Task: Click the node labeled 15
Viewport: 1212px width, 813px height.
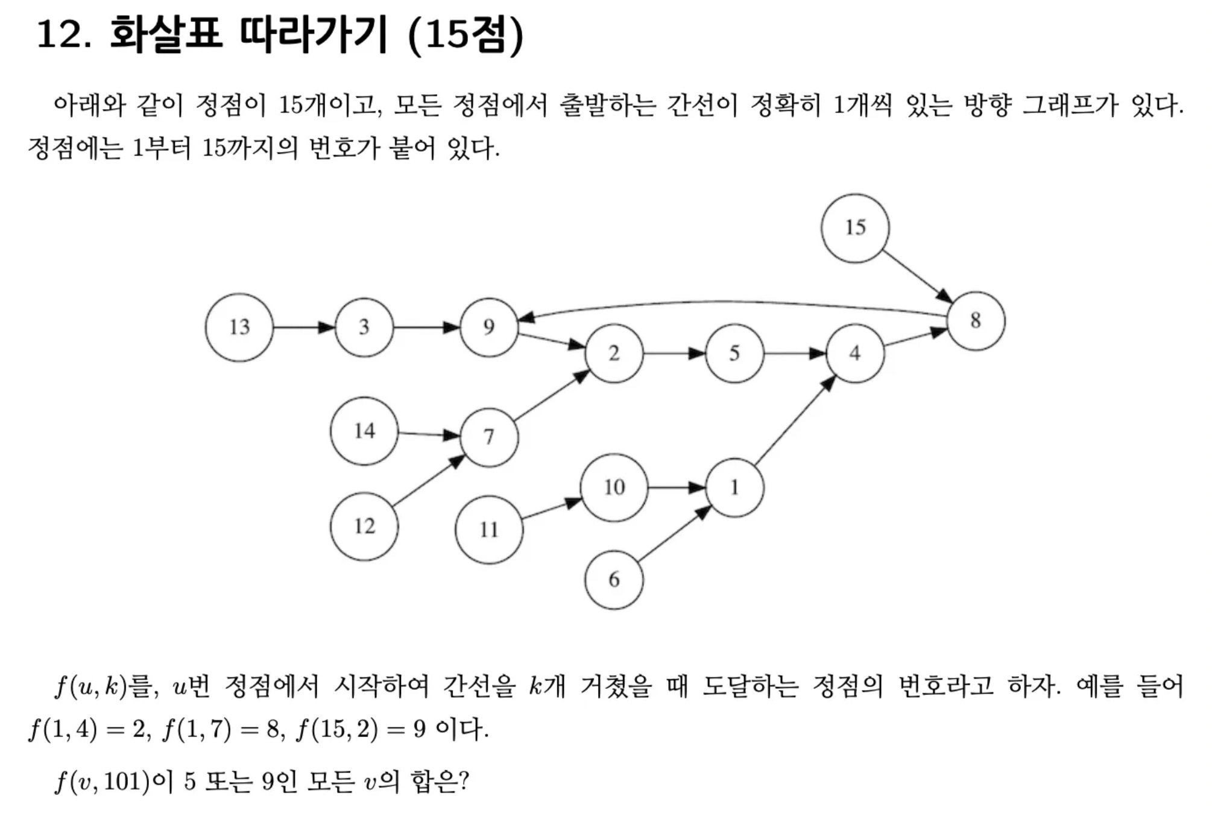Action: point(854,228)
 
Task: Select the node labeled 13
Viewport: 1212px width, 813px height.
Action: point(239,327)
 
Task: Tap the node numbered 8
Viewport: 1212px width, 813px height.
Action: point(976,321)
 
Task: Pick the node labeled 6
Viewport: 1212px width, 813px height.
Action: point(614,580)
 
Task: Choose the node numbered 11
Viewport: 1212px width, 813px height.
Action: point(489,530)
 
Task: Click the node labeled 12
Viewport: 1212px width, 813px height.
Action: point(364,527)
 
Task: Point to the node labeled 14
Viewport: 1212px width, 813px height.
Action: point(364,431)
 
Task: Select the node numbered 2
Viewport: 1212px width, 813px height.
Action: point(614,353)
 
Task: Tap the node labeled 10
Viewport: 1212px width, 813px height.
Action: point(614,487)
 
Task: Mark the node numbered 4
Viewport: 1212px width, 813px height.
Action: point(855,353)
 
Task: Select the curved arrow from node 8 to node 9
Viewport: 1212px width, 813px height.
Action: point(724,302)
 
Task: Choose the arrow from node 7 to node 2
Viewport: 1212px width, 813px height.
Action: point(551,396)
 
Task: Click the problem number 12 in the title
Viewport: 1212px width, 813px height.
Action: point(63,34)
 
